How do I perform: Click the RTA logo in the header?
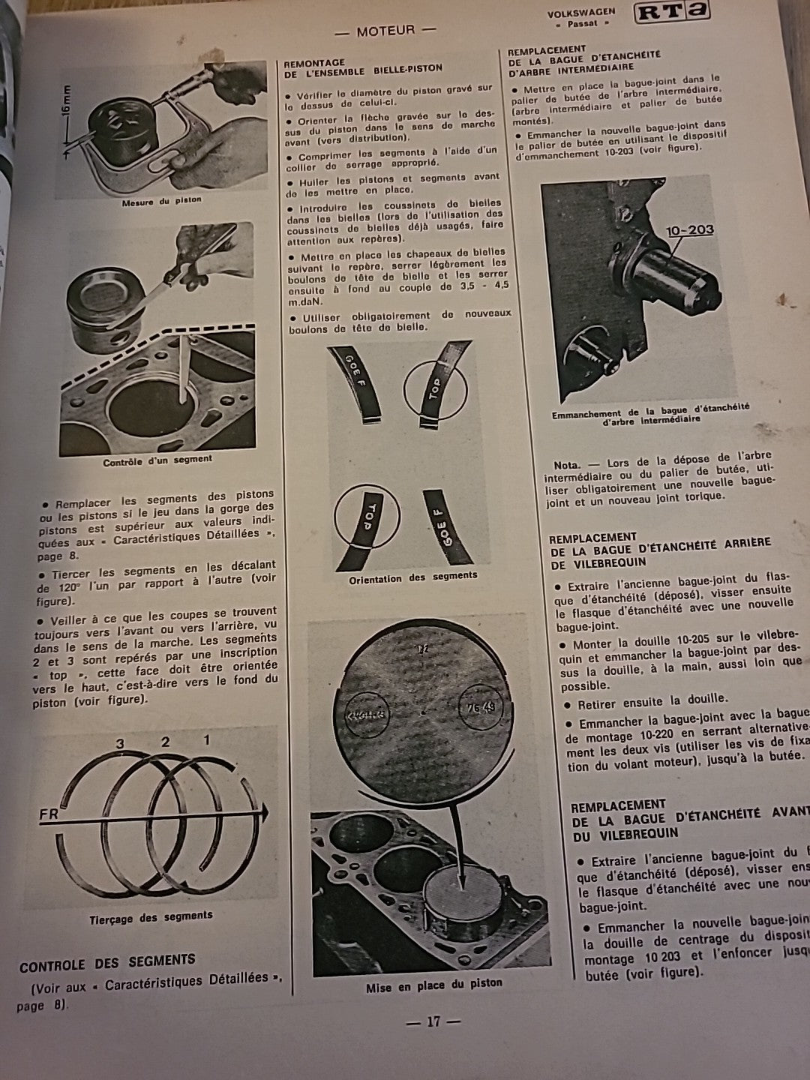(x=670, y=15)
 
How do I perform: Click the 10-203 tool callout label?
(x=689, y=229)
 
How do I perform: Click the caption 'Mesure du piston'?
(x=161, y=200)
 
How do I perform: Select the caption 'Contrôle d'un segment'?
(x=157, y=460)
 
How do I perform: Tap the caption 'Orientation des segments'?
(x=412, y=576)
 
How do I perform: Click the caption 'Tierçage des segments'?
(x=151, y=916)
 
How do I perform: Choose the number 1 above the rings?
(x=207, y=740)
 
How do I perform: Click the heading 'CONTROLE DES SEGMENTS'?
(x=106, y=961)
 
